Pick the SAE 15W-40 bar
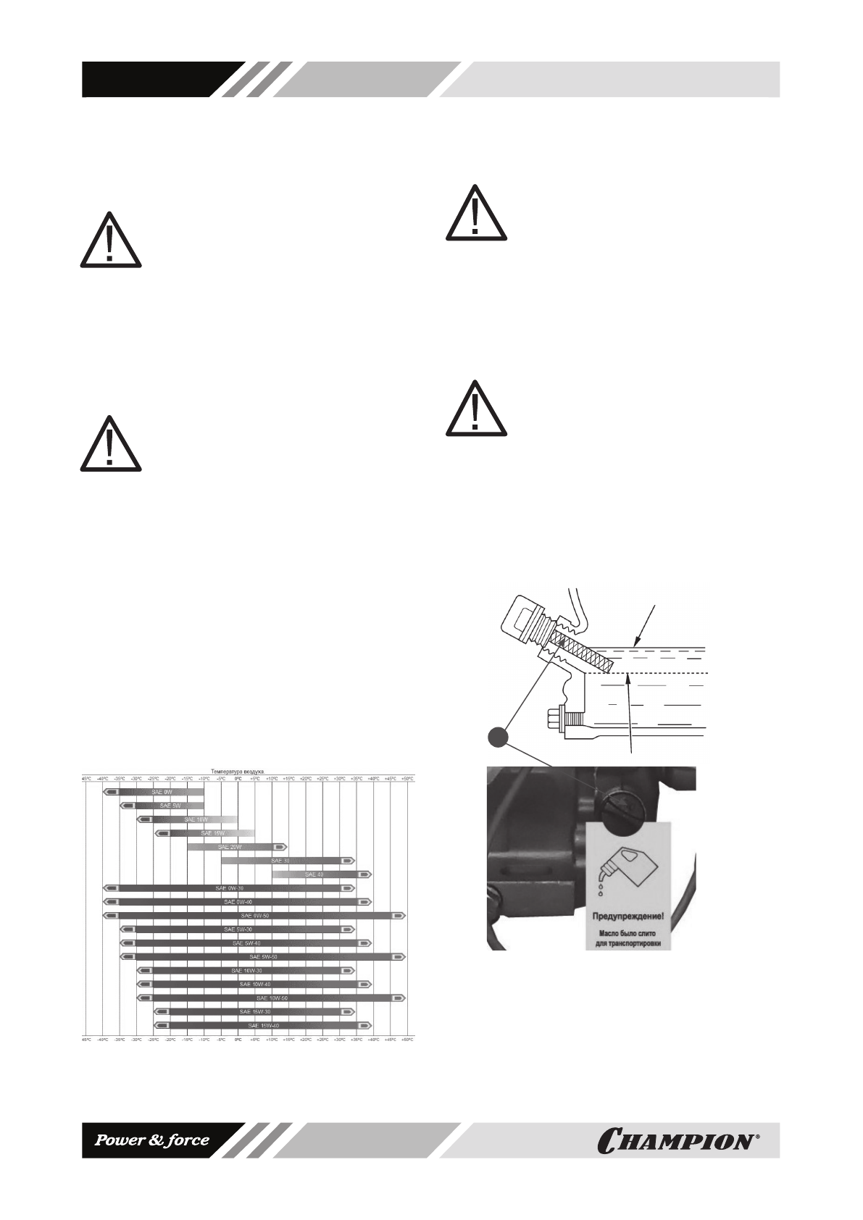coord(262,1026)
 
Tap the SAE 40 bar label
coord(314,874)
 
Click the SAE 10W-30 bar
coord(246,971)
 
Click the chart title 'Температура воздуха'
coord(237,772)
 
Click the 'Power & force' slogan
coord(154,1140)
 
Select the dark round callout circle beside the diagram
coord(497,737)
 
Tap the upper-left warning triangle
coord(110,241)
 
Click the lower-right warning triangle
coord(475,409)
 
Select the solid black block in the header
coord(152,79)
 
